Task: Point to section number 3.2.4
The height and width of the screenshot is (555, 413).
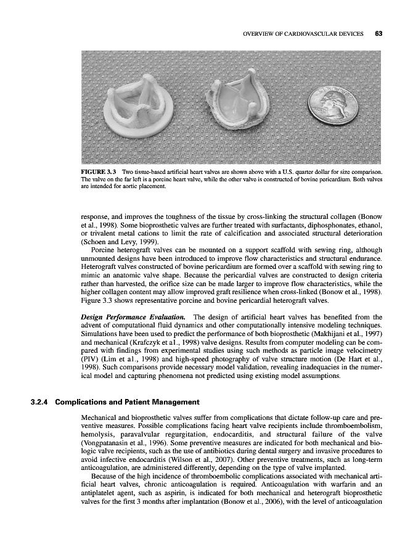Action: [x=41, y=403]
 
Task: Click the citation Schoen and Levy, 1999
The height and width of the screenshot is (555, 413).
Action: [x=117, y=242]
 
